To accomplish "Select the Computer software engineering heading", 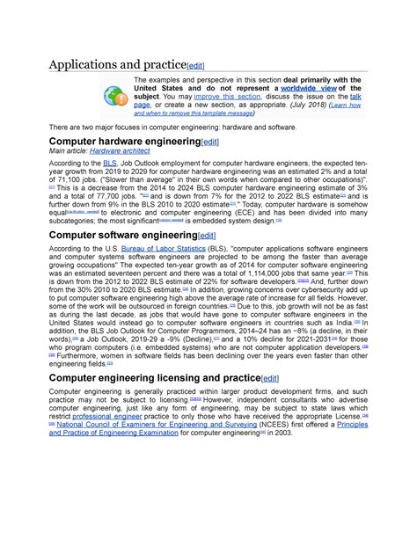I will (x=122, y=236).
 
